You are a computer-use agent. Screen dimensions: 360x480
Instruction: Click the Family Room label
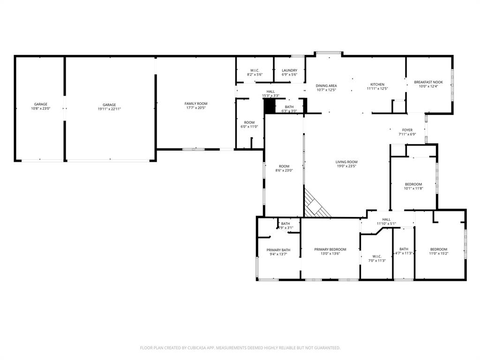pyautogui.click(x=195, y=104)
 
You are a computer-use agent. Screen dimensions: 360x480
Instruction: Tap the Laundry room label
pyautogui.click(x=289, y=70)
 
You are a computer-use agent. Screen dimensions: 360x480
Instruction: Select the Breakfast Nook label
pyautogui.click(x=428, y=82)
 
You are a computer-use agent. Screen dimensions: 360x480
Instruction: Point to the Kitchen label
pyautogui.click(x=377, y=84)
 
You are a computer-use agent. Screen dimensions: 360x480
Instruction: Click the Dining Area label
pyautogui.click(x=326, y=86)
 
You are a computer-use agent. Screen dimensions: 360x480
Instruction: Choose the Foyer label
pyautogui.click(x=407, y=130)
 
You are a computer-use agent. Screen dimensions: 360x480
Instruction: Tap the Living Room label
pyautogui.click(x=346, y=162)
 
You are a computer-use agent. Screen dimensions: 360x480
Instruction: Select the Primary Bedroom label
pyautogui.click(x=330, y=249)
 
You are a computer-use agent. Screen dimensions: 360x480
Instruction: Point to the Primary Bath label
pyautogui.click(x=278, y=250)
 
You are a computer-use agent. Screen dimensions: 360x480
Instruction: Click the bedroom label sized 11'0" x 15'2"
pyautogui.click(x=438, y=249)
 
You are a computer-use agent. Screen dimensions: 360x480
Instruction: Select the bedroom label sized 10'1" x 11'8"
pyautogui.click(x=413, y=184)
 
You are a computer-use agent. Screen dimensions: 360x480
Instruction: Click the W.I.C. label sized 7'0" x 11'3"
pyautogui.click(x=377, y=256)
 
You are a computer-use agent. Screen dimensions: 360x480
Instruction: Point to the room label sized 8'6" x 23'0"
pyautogui.click(x=284, y=166)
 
